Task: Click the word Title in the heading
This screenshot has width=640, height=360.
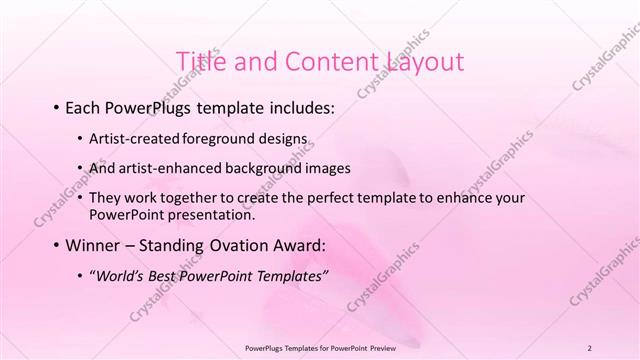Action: pos(200,62)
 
